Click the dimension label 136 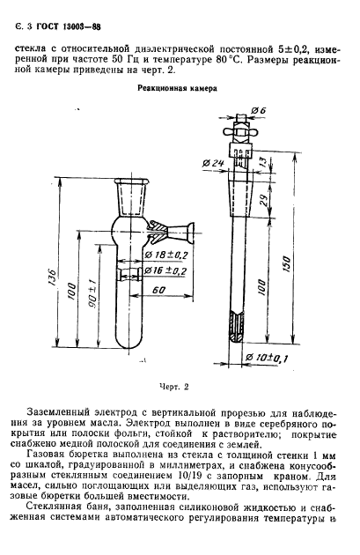(x=52, y=277)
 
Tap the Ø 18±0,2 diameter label (x=165, y=255)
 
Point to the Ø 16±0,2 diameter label (x=165, y=270)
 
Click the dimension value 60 (x=159, y=290)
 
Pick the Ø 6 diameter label (x=259, y=111)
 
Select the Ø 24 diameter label (x=213, y=163)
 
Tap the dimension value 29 (x=263, y=200)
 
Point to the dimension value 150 (x=286, y=263)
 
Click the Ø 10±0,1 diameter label (x=267, y=359)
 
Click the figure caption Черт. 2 (x=174, y=387)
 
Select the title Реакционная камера (x=177, y=89)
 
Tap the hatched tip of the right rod (x=237, y=326)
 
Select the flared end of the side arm (x=190, y=233)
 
